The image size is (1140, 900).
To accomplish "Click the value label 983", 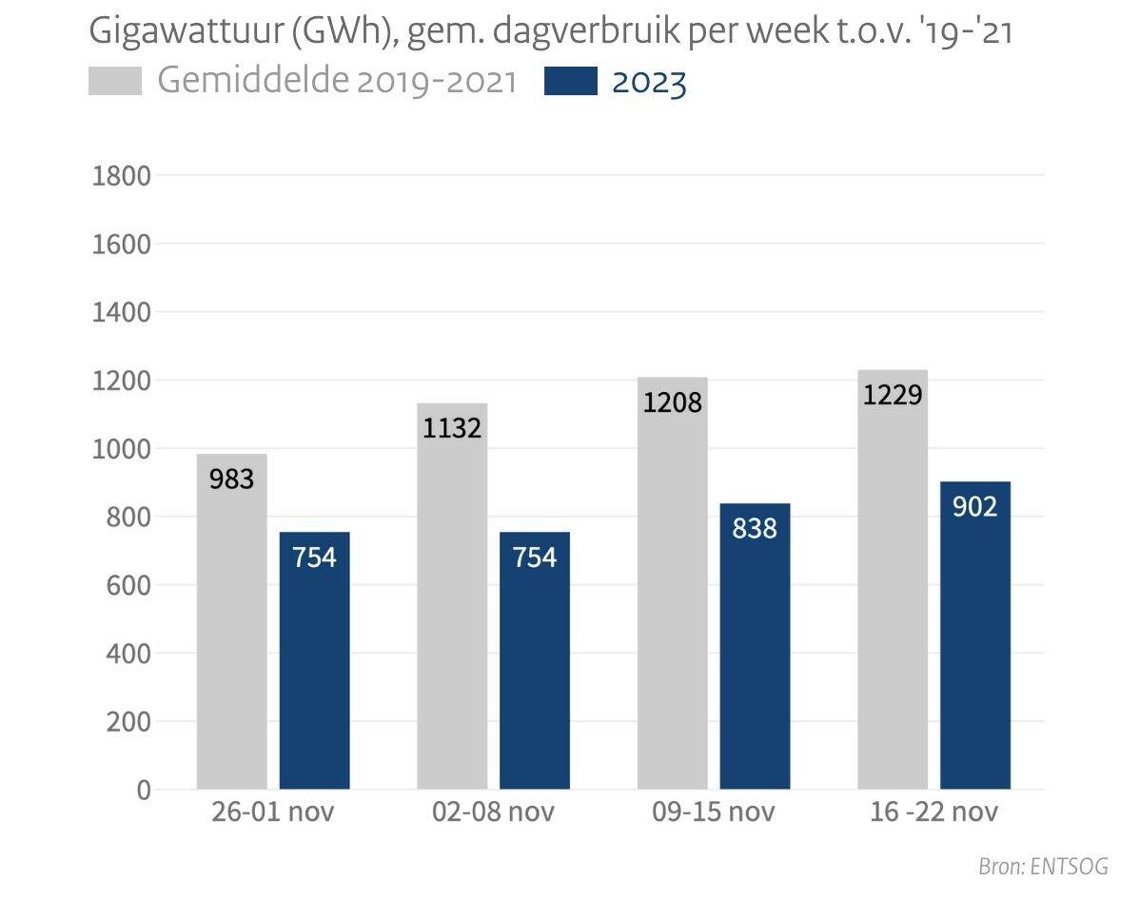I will click(x=231, y=479).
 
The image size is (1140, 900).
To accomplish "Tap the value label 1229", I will click(x=893, y=394).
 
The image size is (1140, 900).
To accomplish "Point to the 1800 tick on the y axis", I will click(x=120, y=176).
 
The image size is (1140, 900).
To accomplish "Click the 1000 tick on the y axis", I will click(x=120, y=449).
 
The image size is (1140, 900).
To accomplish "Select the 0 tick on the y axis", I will click(x=143, y=790).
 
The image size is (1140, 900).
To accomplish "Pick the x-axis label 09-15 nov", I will click(x=714, y=813).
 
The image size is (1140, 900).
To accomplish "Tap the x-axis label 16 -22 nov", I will click(x=934, y=813).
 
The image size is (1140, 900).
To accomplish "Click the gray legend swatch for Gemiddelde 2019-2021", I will click(x=114, y=82).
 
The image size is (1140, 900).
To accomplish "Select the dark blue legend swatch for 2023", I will click(x=570, y=82).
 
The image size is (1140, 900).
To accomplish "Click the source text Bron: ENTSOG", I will click(x=1043, y=867).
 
